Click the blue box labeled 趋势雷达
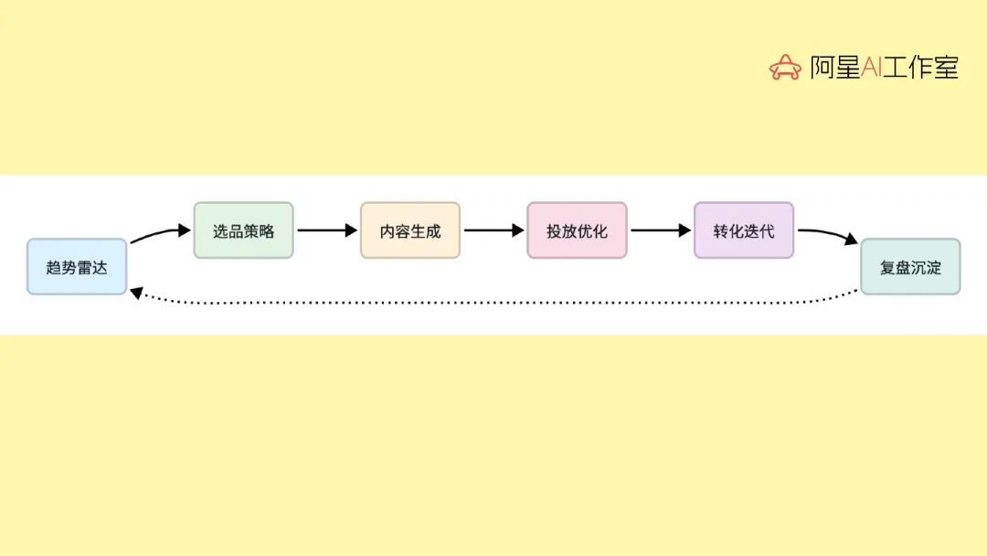77,267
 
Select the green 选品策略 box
243,230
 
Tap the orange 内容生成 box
410,230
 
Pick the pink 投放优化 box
577,230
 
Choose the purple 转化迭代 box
744,230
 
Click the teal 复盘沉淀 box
910,267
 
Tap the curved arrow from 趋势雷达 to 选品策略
157,234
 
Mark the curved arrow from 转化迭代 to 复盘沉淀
826,233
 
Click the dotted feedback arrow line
493,303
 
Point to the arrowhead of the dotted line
135,293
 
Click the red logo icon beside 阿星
784,67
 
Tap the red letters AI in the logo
871,67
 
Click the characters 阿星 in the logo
835,67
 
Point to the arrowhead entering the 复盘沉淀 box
852,241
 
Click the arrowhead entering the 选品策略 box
185,230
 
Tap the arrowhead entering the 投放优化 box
519,230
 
